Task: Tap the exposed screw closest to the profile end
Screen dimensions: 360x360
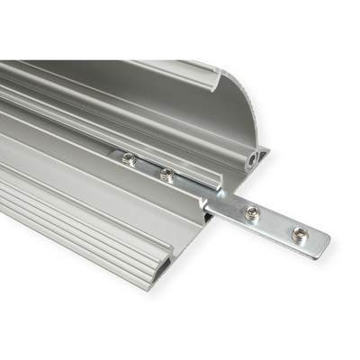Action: [x=252, y=213]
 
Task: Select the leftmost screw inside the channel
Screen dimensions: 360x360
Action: [x=130, y=159]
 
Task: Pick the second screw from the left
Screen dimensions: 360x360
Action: [x=166, y=175]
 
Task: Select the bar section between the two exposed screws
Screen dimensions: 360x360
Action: [x=275, y=224]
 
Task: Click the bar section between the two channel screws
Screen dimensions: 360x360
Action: [x=148, y=167]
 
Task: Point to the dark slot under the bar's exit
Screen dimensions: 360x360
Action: [x=209, y=217]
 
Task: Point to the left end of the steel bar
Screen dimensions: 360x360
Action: [x=114, y=154]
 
